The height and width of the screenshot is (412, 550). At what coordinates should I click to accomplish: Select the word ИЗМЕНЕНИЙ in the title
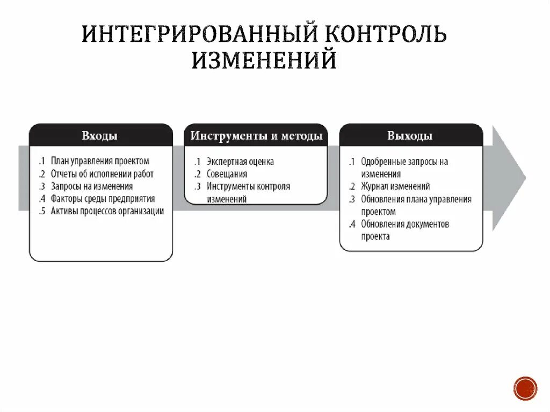(264, 60)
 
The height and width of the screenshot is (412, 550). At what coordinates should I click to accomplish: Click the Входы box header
(100, 135)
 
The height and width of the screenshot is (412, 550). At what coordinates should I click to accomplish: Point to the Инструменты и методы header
(256, 135)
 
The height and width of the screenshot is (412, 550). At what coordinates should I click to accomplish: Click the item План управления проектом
(100, 161)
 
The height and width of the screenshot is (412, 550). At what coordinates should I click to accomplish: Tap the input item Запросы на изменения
(92, 186)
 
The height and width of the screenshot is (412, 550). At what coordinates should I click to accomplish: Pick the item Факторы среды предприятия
(103, 199)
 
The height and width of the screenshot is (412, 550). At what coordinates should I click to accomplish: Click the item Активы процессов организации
(107, 211)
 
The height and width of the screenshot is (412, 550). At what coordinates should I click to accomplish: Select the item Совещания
(227, 174)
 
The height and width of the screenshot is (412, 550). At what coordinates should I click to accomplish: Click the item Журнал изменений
(395, 186)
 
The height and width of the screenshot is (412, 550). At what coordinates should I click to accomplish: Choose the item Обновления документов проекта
(405, 230)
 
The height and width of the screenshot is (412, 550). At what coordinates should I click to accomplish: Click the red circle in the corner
(525, 388)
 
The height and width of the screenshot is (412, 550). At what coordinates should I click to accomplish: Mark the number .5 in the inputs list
(42, 211)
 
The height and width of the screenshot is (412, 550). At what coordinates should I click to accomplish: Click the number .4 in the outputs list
(352, 224)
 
